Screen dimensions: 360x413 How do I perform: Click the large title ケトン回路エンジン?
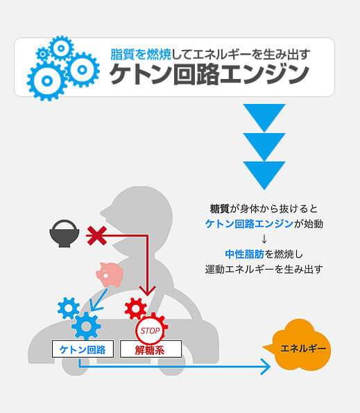(209, 74)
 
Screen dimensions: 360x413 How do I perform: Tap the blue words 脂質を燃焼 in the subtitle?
(141, 54)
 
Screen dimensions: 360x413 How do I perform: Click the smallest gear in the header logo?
(42, 54)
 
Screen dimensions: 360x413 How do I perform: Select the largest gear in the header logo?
(47, 81)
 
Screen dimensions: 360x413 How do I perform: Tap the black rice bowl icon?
(65, 234)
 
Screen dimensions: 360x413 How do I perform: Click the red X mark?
(96, 236)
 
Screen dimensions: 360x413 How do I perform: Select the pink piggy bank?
(110, 274)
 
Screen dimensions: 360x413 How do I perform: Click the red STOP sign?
(150, 331)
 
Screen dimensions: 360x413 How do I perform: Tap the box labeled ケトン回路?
(83, 349)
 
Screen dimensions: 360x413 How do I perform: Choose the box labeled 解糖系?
(151, 349)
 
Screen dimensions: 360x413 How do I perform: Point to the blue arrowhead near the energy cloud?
(266, 367)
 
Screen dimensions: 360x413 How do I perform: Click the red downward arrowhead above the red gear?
(148, 290)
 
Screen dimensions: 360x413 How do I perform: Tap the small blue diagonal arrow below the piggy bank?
(98, 300)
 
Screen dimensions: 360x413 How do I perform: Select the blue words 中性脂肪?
(244, 254)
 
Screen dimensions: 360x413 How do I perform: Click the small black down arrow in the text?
(264, 239)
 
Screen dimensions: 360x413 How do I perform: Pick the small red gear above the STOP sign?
(135, 308)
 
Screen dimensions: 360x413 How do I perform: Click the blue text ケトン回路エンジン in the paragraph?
(249, 224)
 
